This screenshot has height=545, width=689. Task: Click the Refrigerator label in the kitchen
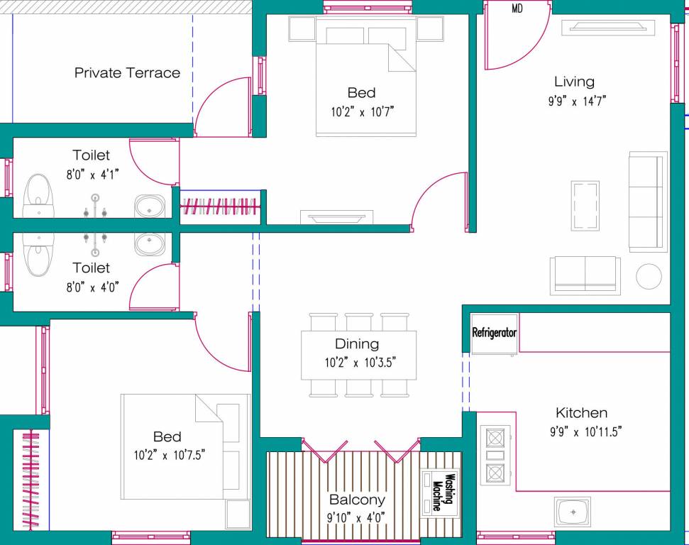tap(495, 332)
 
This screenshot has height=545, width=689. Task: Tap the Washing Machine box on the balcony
tap(441, 493)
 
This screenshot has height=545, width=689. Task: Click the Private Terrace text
tap(127, 72)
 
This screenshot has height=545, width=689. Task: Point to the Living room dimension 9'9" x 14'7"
tap(576, 101)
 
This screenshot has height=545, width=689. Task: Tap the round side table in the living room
tap(649, 276)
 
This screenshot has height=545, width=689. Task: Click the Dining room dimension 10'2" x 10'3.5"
tap(360, 362)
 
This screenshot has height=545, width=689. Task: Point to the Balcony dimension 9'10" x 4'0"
tap(356, 517)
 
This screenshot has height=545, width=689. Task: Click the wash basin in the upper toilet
tap(150, 207)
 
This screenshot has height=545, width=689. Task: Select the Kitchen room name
tap(581, 412)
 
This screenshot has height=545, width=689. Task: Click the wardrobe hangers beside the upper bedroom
tap(220, 207)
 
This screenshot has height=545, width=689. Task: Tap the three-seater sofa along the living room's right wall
tap(648, 201)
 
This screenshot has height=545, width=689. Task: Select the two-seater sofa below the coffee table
tap(585, 275)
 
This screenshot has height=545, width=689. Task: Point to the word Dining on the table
tap(357, 344)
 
